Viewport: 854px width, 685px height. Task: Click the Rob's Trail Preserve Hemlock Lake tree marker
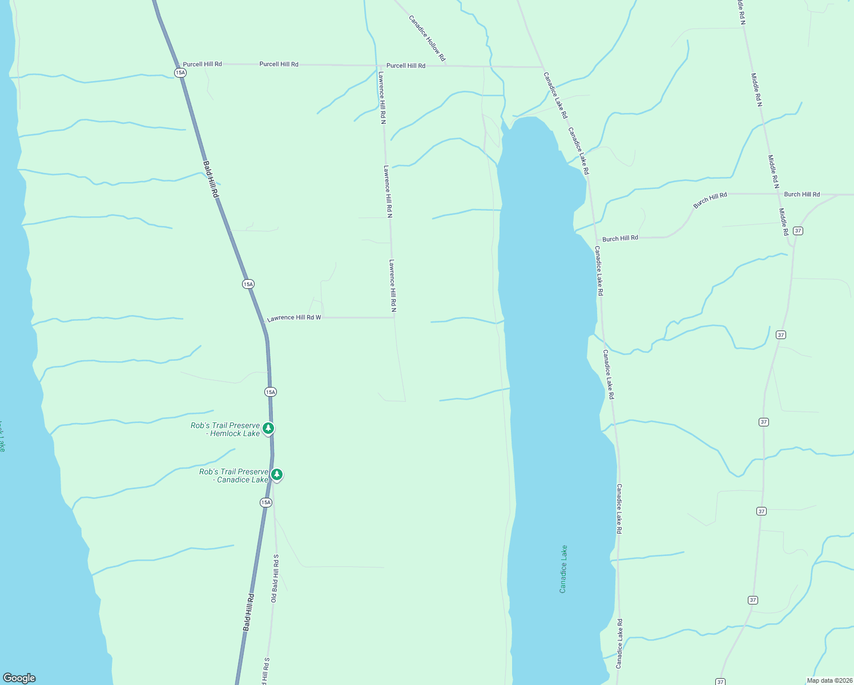pyautogui.click(x=268, y=428)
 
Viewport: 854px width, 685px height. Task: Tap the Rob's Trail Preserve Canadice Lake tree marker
pyautogui.click(x=277, y=474)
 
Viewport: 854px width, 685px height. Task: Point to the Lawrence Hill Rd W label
pyautogui.click(x=295, y=317)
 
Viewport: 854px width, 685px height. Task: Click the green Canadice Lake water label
pyautogui.click(x=563, y=569)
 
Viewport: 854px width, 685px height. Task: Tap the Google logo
pyautogui.click(x=19, y=678)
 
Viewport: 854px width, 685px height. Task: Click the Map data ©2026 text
pyautogui.click(x=829, y=680)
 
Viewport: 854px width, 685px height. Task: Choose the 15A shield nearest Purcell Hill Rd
pyautogui.click(x=180, y=72)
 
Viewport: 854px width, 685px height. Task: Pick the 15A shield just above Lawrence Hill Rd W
pyautogui.click(x=248, y=284)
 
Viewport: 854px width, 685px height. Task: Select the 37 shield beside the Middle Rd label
pyautogui.click(x=798, y=231)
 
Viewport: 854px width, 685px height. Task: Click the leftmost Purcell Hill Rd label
pyautogui.click(x=203, y=65)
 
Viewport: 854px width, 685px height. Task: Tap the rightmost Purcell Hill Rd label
pyautogui.click(x=406, y=66)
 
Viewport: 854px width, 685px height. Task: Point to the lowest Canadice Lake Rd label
pyautogui.click(x=619, y=643)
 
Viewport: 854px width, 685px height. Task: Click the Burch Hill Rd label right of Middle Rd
pyautogui.click(x=801, y=195)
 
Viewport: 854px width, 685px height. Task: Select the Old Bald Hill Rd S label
pyautogui.click(x=275, y=578)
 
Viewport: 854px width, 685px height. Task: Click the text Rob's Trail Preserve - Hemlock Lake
pyautogui.click(x=225, y=430)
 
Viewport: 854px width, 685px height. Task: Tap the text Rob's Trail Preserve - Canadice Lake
pyautogui.click(x=234, y=476)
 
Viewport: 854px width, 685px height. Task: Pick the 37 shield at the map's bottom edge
pyautogui.click(x=720, y=682)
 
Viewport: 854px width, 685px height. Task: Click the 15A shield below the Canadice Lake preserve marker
pyautogui.click(x=266, y=502)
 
